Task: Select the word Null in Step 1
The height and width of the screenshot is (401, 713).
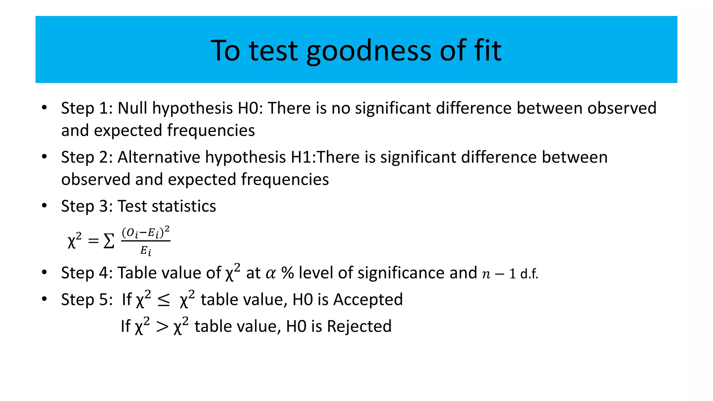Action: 132,108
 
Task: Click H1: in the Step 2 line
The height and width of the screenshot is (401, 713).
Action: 303,157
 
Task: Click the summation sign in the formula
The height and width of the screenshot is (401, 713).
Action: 109,241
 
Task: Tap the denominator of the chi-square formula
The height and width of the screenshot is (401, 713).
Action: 146,251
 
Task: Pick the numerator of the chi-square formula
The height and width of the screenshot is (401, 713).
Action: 146,232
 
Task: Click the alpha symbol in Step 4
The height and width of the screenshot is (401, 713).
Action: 271,273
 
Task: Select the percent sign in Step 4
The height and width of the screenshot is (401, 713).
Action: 288,273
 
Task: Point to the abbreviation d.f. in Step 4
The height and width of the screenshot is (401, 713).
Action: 529,274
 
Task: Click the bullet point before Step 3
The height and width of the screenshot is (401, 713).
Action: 44,206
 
